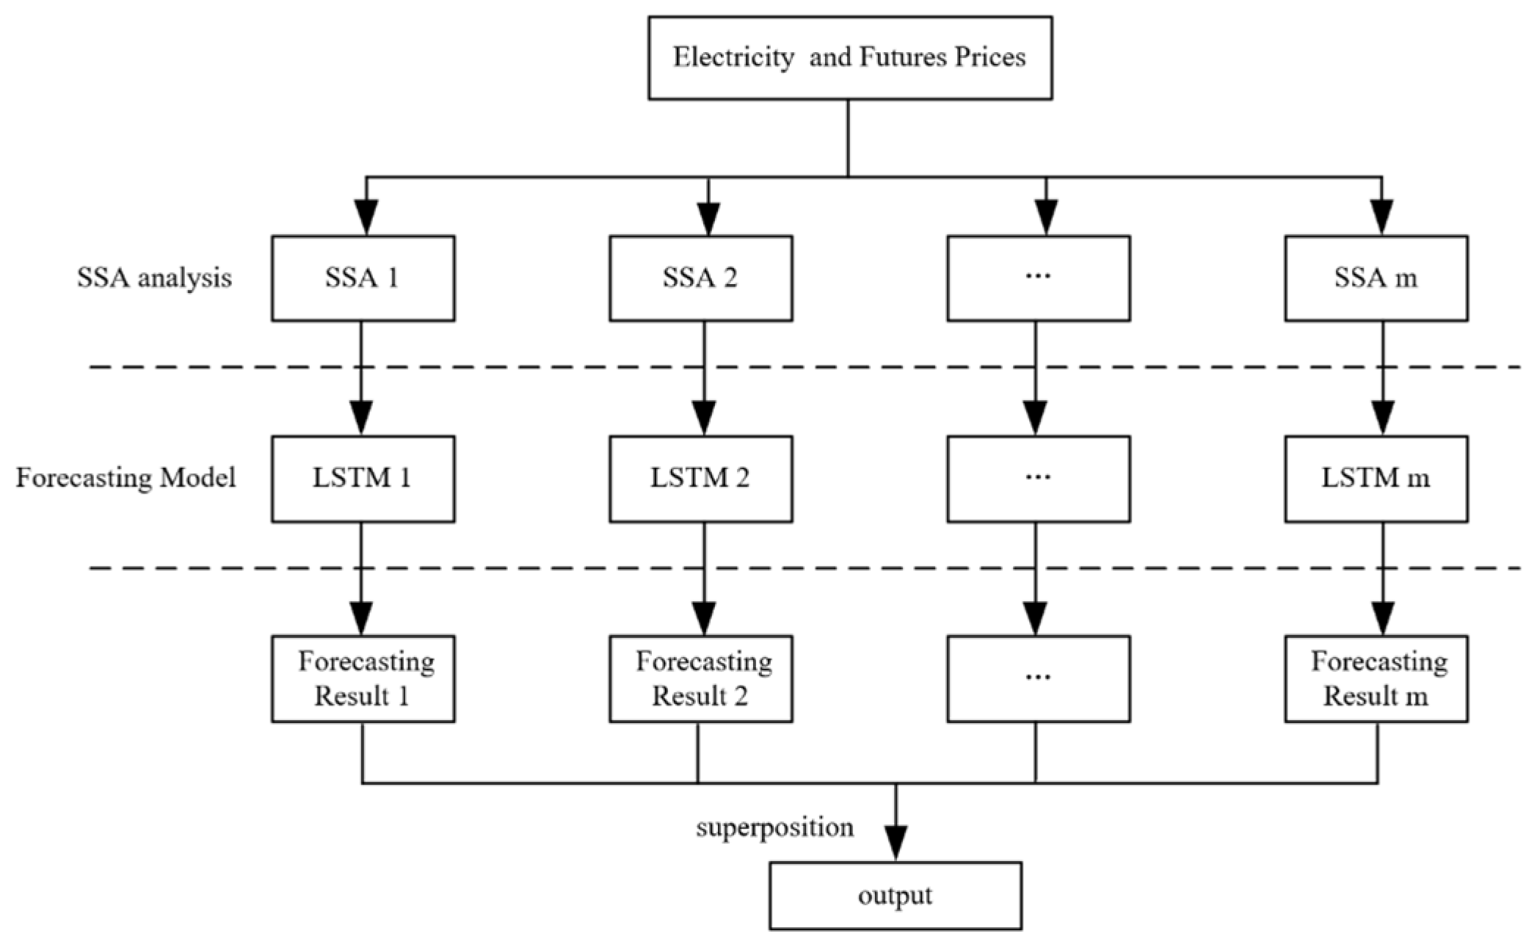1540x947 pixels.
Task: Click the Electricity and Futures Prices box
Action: [849, 58]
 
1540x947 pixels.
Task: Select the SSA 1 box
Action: [363, 278]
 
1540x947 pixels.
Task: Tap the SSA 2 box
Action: [700, 278]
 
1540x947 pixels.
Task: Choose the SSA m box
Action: [1376, 278]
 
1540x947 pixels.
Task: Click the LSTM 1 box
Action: [363, 479]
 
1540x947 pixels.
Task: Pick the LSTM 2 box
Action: [700, 479]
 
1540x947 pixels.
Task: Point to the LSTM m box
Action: [1376, 479]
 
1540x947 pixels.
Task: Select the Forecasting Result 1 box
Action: [363, 679]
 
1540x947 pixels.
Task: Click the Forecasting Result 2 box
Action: [700, 679]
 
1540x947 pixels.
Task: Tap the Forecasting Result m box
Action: [1376, 679]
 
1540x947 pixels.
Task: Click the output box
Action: [895, 896]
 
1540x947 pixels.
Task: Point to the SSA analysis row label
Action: [154, 278]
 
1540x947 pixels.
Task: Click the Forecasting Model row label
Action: [126, 479]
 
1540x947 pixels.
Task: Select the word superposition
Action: [775, 828]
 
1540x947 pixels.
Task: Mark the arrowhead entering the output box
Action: [895, 844]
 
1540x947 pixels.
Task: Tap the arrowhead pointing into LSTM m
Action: [1383, 419]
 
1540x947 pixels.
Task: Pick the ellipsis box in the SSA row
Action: [1038, 278]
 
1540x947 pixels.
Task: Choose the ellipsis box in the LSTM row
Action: [1038, 479]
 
